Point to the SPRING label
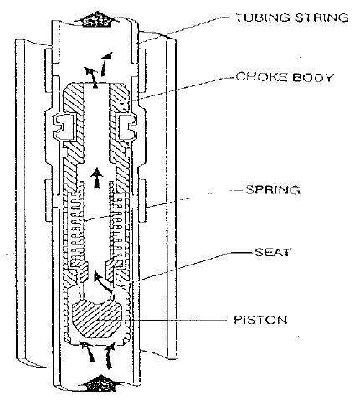273,190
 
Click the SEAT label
273,252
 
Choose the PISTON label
260,320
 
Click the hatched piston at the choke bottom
96,318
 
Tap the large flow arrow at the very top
96,19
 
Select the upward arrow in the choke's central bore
96,178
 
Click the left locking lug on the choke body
65,127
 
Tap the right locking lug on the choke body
127,127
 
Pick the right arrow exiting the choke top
106,64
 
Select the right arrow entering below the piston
110,357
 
